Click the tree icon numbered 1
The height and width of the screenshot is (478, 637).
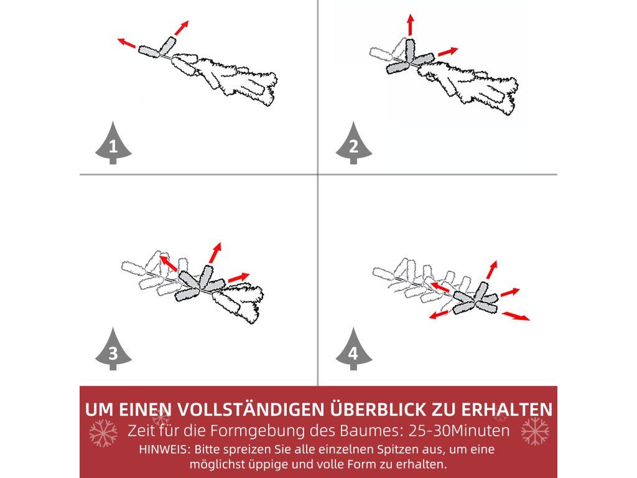[113, 143]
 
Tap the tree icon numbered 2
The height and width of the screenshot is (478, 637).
[353, 143]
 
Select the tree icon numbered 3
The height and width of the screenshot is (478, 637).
[113, 349]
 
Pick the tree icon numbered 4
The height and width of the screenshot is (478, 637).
[353, 349]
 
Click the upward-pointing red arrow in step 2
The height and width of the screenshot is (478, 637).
[411, 24]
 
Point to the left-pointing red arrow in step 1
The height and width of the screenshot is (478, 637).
[126, 43]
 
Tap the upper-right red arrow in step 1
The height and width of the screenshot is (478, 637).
[182, 27]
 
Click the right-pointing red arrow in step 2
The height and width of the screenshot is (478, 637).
[448, 52]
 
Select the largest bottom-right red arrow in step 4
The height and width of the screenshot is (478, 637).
[516, 316]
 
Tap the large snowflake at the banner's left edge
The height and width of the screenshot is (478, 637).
[103, 433]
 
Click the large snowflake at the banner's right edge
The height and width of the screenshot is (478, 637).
[535, 431]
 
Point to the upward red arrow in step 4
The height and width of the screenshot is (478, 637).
[491, 270]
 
